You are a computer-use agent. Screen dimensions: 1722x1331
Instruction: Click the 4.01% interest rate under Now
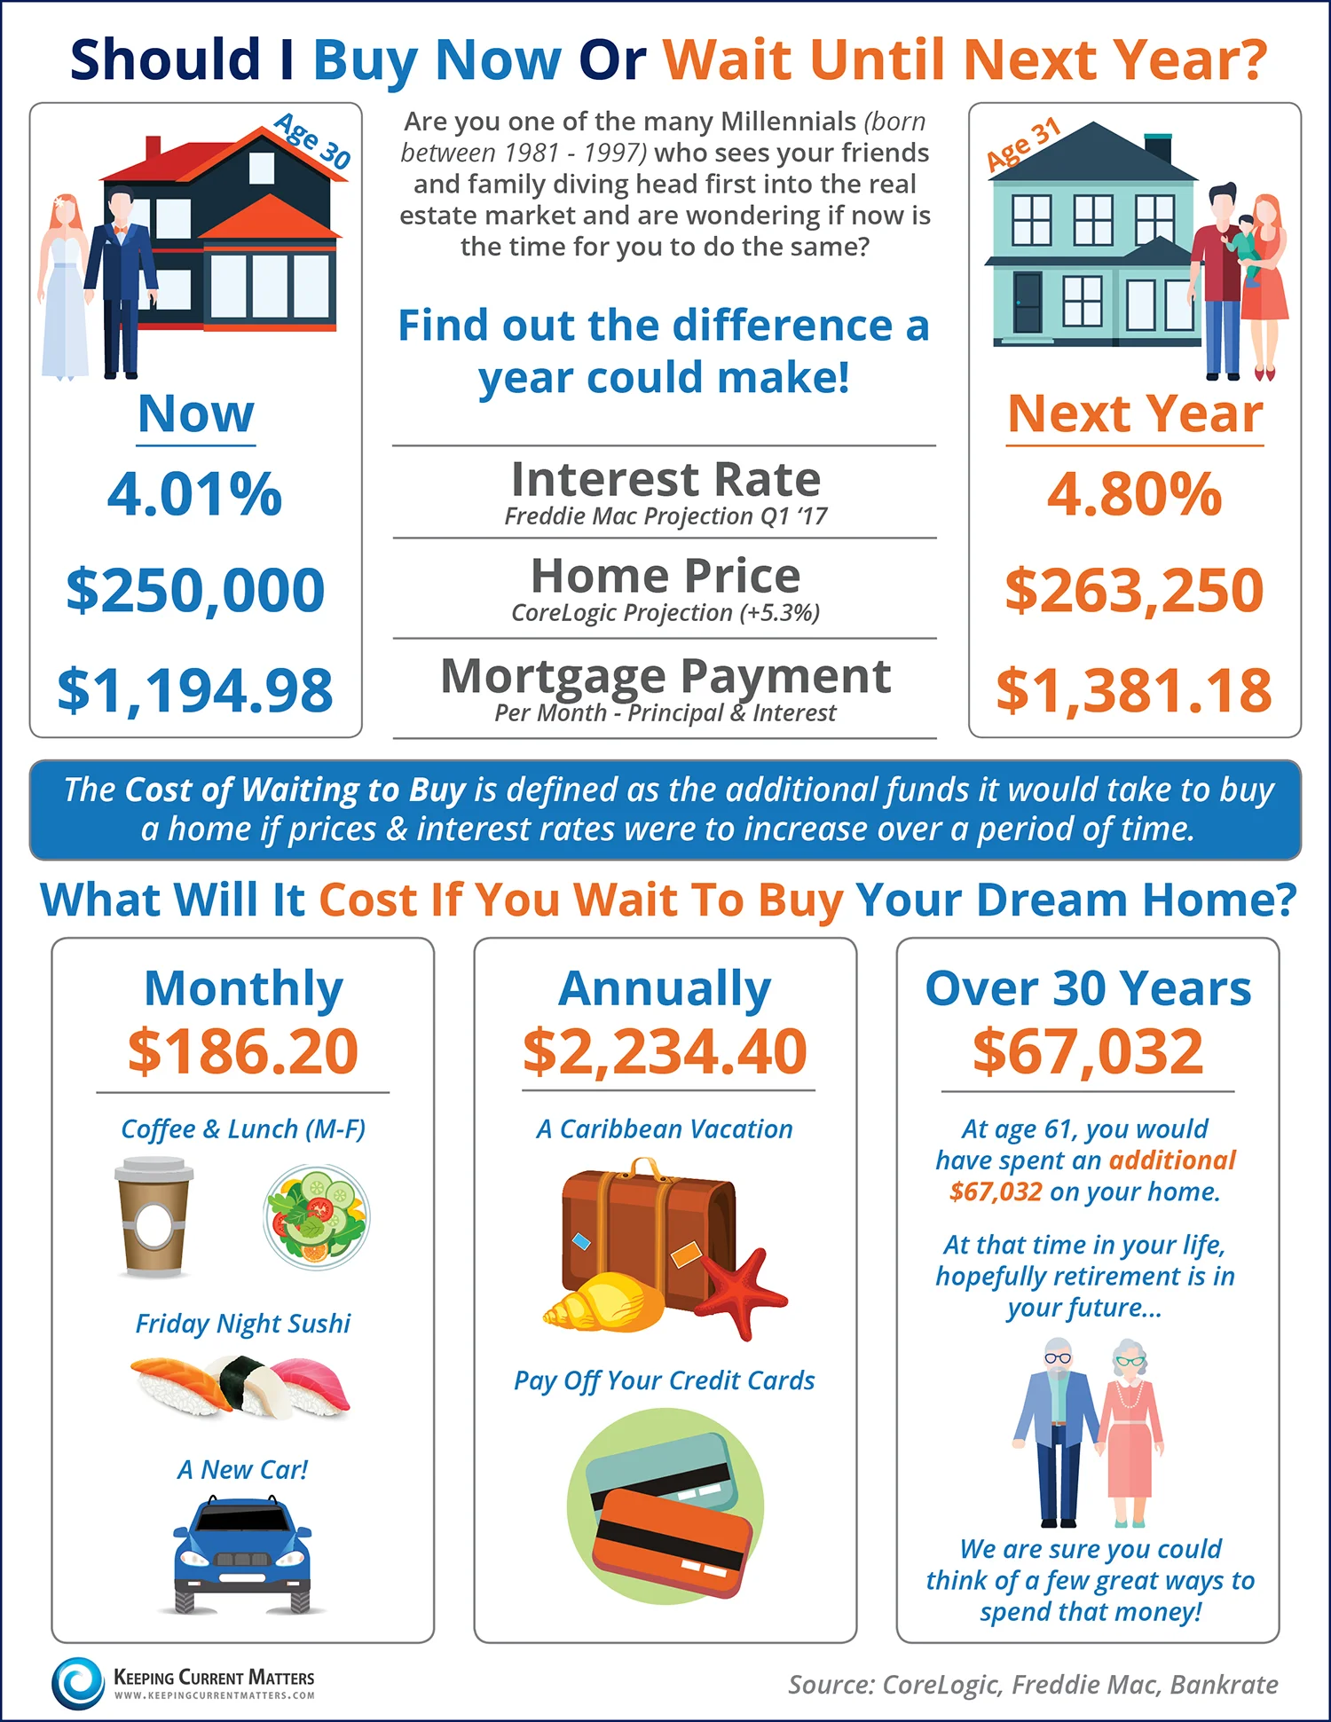pos(194,494)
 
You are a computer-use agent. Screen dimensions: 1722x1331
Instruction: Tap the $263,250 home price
pos(1133,590)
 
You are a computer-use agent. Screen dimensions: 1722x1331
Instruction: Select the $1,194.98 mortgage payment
pos(195,690)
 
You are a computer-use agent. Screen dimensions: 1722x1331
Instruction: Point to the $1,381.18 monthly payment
pos(1133,690)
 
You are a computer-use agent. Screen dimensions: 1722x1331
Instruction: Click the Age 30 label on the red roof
pos(312,140)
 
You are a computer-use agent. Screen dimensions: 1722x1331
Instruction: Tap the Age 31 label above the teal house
pos(1024,144)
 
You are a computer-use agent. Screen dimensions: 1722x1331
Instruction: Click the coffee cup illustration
pos(154,1215)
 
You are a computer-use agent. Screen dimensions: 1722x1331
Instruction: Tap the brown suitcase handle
pos(645,1168)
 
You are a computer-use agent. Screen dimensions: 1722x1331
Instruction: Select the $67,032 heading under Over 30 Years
pos(1088,1051)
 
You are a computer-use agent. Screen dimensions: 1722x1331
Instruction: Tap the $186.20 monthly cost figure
pos(242,1051)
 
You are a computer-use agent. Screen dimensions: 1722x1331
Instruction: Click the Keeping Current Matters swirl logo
pos(78,1683)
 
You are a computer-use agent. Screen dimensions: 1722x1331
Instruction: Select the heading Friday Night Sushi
pos(242,1324)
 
